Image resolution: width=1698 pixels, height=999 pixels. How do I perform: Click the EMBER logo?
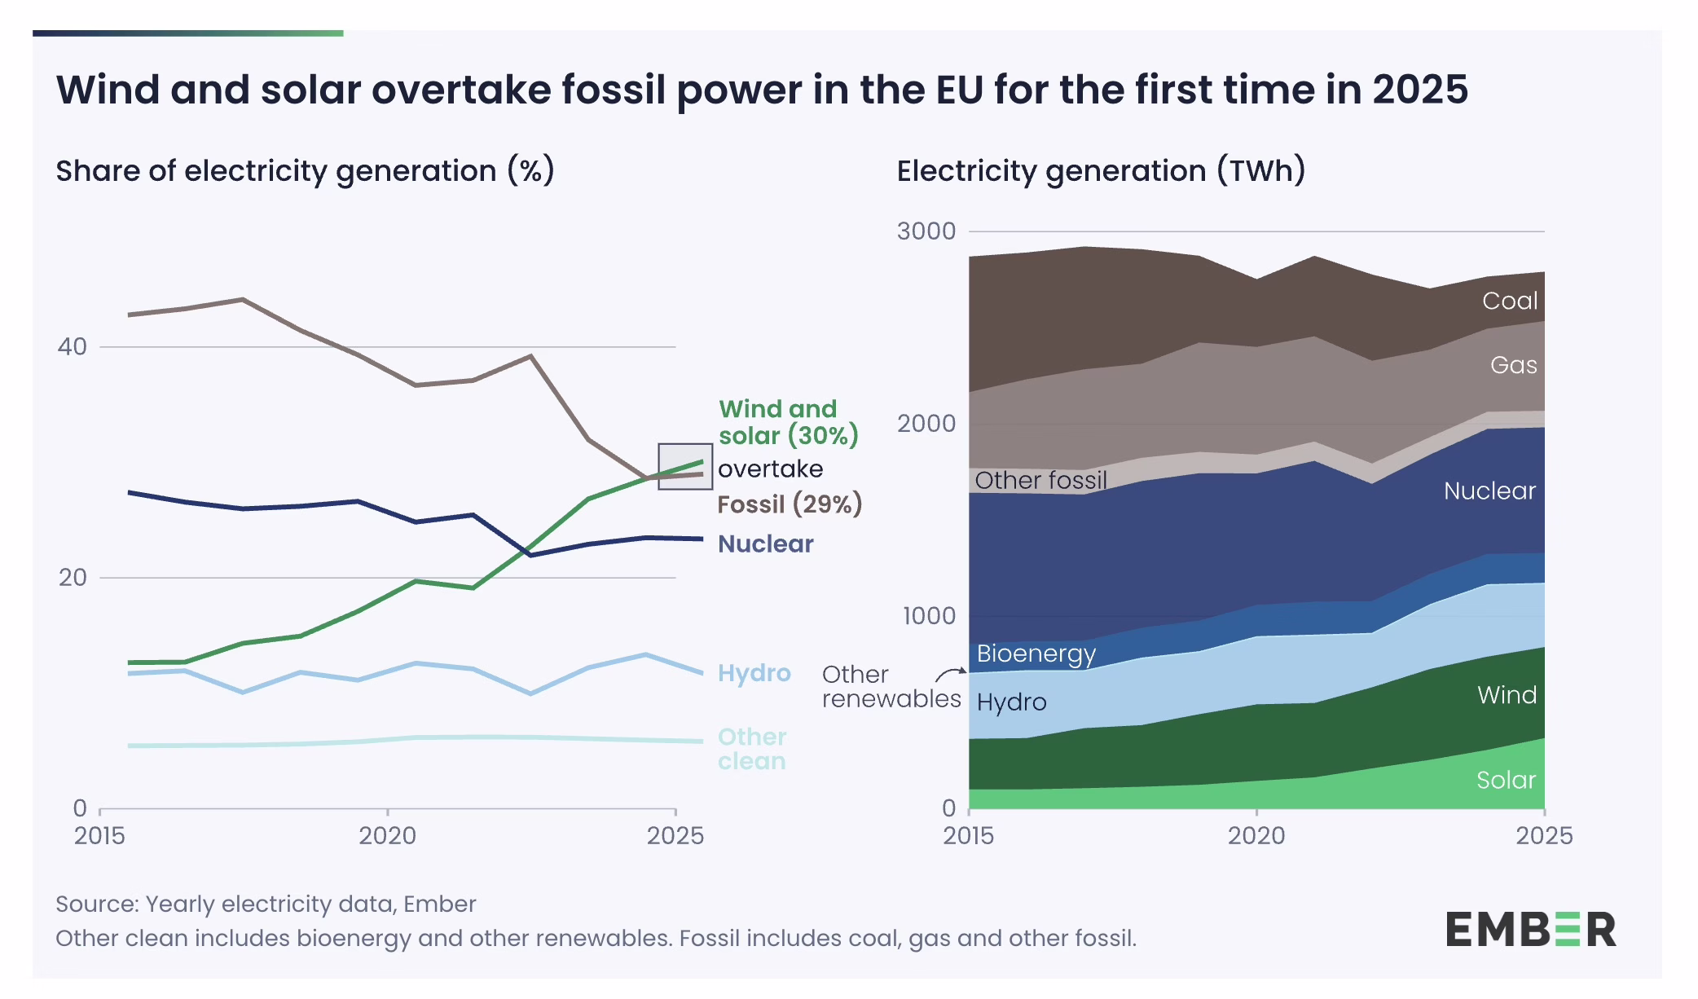click(1530, 930)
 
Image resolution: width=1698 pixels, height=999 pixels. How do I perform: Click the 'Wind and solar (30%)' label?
click(788, 422)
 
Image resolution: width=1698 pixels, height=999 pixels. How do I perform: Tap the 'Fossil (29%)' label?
click(789, 504)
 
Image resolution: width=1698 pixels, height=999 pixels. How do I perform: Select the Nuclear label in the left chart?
click(765, 544)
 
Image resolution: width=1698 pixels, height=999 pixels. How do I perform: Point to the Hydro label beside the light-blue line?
click(754, 673)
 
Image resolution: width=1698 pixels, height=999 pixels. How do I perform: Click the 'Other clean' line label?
click(751, 749)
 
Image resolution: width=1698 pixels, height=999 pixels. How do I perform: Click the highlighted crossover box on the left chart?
click(685, 466)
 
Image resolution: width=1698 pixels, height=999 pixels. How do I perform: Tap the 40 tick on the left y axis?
click(72, 347)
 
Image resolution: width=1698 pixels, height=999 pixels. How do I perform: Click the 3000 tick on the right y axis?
click(926, 231)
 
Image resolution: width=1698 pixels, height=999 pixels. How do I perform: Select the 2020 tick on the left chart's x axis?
click(388, 836)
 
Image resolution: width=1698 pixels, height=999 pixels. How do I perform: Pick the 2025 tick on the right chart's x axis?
click(1544, 836)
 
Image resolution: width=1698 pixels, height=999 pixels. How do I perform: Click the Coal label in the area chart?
click(1509, 301)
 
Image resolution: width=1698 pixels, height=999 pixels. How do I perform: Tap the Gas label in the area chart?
click(1513, 365)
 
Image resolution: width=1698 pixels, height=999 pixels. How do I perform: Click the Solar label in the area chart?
click(1506, 780)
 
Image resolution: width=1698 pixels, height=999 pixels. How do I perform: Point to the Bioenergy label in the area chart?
click(1036, 654)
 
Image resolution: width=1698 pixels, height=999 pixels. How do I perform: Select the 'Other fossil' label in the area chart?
click(1040, 480)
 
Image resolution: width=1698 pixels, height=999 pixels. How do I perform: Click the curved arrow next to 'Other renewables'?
click(950, 674)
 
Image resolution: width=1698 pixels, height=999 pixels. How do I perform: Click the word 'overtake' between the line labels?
click(770, 469)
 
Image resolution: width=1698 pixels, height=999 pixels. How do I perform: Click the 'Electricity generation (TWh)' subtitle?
click(1101, 171)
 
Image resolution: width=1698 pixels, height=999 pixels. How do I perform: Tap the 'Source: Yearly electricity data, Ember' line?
click(266, 904)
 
